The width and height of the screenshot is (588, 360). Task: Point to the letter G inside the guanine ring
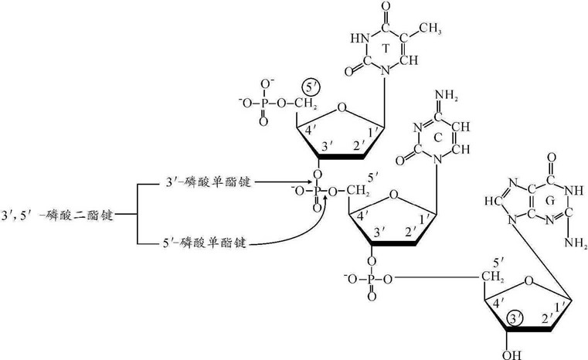pos(549,201)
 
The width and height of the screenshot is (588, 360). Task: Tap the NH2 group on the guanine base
pos(576,246)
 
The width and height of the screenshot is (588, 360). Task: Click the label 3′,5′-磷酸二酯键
pos(58,215)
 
